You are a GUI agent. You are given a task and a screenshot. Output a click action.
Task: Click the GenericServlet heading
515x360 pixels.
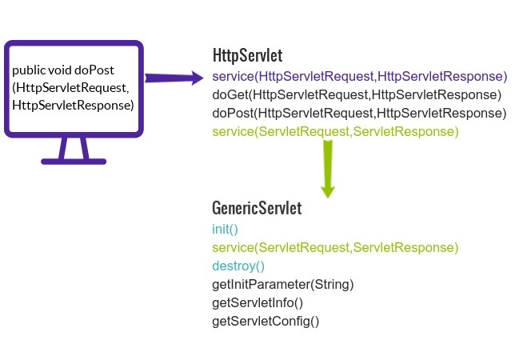(257, 209)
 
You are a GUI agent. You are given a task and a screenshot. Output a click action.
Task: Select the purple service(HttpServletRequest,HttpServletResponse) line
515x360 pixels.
(359, 77)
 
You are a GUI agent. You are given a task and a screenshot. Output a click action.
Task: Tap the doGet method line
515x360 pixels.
(357, 95)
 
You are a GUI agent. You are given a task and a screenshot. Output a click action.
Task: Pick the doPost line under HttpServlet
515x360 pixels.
(359, 114)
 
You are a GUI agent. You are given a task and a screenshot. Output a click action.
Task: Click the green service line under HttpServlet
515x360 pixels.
(335, 131)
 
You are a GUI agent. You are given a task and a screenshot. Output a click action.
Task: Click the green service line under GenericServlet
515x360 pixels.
(335, 248)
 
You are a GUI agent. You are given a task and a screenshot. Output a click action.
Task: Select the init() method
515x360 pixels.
(226, 230)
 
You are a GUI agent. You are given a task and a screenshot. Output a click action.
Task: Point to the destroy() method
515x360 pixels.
(238, 266)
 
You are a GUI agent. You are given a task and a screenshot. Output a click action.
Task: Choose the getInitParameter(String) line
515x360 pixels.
(282, 285)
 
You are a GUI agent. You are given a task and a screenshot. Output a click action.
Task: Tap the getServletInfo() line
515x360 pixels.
(257, 303)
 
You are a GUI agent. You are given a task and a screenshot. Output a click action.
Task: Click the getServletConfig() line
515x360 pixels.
(265, 322)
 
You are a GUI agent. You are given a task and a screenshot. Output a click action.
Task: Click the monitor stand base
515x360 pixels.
(74, 160)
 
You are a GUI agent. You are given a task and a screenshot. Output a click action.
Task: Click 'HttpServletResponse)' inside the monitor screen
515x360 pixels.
(72, 106)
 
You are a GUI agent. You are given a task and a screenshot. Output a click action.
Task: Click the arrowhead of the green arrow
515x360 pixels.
(327, 190)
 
